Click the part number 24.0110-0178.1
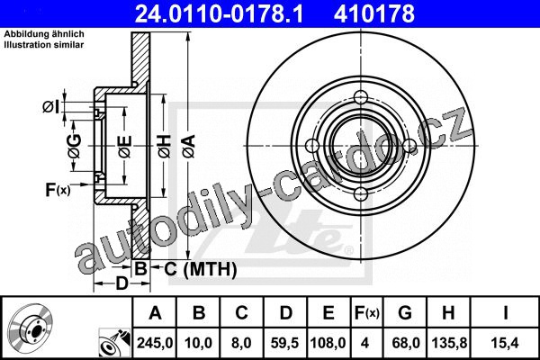tap(219, 13)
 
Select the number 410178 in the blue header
tap(374, 13)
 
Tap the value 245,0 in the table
tap(155, 343)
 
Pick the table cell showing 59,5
tap(284, 343)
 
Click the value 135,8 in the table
tap(449, 343)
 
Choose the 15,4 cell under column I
tap(505, 343)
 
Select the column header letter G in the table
tap(405, 313)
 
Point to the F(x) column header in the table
tap(367, 313)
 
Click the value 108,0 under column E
tap(328, 343)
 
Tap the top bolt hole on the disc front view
tap(361, 95)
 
